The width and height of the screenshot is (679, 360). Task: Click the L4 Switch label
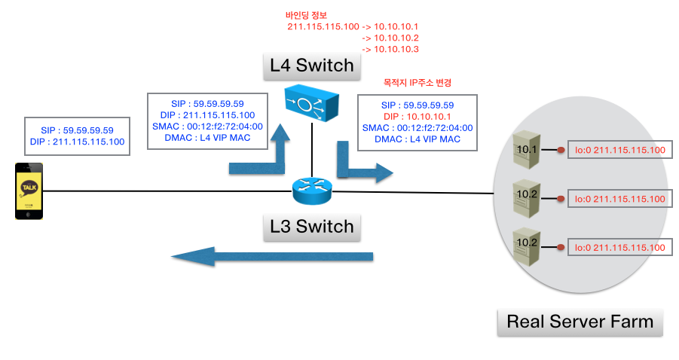pyautogui.click(x=311, y=66)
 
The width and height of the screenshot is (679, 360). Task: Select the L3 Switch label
pyautogui.click(x=311, y=226)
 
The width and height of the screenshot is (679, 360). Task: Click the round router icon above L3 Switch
pyautogui.click(x=312, y=192)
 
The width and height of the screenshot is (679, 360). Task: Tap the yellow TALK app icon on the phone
pyautogui.click(x=29, y=188)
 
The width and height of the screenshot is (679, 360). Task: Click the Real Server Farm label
pyautogui.click(x=580, y=322)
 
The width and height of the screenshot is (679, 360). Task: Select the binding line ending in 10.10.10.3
pyautogui.click(x=390, y=49)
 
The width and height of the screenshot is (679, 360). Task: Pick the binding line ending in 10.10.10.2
pyautogui.click(x=390, y=38)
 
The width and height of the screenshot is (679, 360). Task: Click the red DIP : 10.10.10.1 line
pyautogui.click(x=417, y=117)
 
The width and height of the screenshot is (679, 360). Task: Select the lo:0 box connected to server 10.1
pyautogui.click(x=619, y=151)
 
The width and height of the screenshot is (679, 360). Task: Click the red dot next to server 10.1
pyautogui.click(x=561, y=151)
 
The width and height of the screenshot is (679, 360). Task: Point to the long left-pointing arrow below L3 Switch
pyautogui.click(x=271, y=257)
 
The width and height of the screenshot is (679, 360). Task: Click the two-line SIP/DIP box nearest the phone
pyautogui.click(x=77, y=136)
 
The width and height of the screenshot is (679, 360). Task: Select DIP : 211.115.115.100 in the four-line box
pyautogui.click(x=207, y=115)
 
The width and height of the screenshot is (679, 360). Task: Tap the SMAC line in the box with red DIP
pyautogui.click(x=417, y=128)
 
